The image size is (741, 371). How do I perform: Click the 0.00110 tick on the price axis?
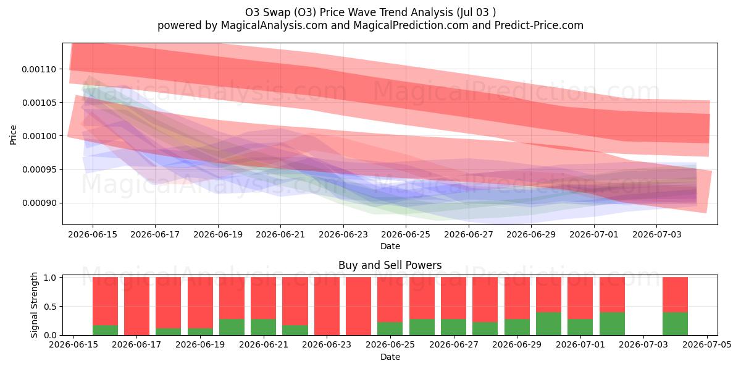coord(39,69)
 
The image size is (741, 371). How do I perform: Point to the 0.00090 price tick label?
coord(39,203)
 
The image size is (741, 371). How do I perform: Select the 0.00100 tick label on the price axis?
coord(39,136)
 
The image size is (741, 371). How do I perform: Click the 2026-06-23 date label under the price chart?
coord(343,234)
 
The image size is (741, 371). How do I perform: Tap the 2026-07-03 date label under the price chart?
coord(656,234)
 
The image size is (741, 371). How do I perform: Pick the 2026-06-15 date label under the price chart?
coord(93,234)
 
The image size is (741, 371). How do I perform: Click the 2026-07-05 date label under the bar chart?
coord(707,344)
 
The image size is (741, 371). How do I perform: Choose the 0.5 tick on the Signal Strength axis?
coord(50,307)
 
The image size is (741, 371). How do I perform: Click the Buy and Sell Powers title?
coord(390,265)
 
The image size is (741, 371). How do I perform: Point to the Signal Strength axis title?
coord(34,305)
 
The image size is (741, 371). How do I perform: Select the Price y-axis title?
coord(13,135)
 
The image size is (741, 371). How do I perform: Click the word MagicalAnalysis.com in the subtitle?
coord(274,25)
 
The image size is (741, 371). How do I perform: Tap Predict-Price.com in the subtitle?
coord(539,25)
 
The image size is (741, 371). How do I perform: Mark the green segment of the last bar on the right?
coord(675,323)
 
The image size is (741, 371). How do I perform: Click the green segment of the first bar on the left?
coord(105,330)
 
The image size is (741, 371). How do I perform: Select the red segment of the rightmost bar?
coord(675,294)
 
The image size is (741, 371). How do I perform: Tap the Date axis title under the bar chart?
coord(390,357)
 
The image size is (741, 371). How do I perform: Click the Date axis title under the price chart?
coord(390,246)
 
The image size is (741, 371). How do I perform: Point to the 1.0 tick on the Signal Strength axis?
coord(50,278)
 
